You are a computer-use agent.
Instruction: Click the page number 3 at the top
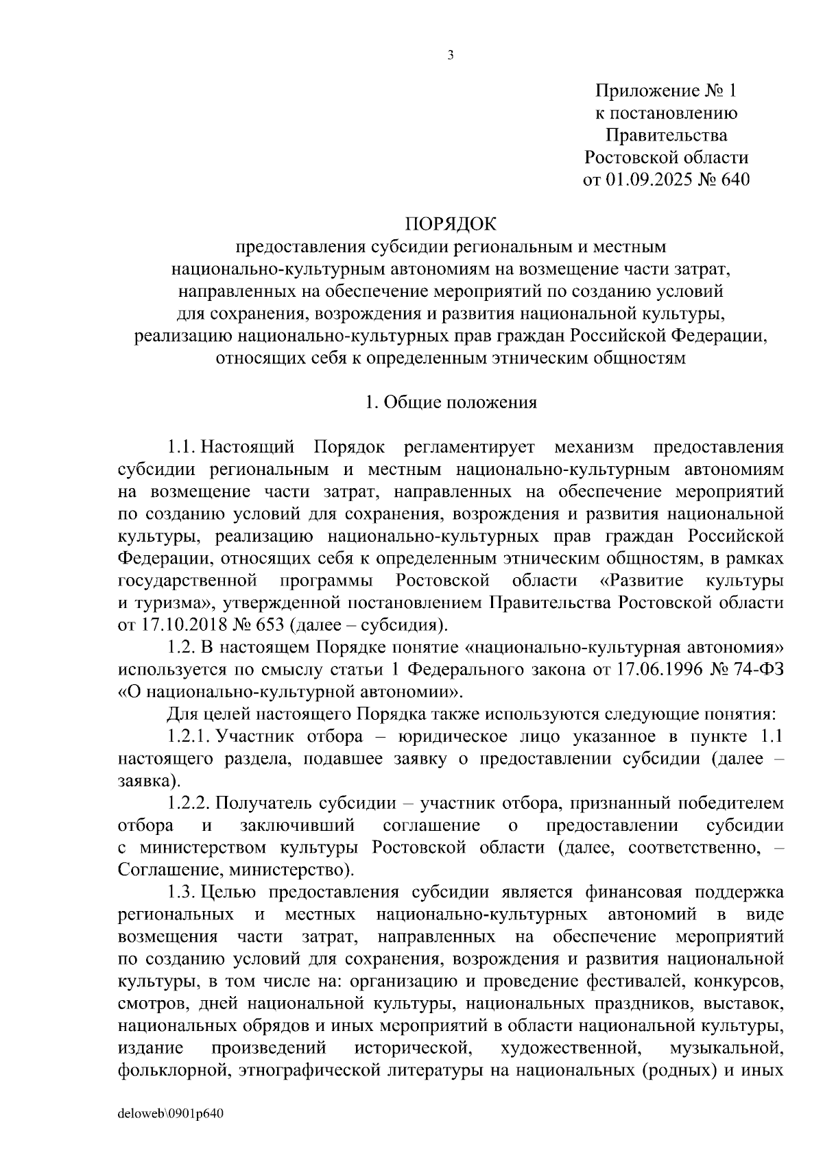[x=450, y=57]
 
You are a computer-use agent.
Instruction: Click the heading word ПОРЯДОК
[x=450, y=224]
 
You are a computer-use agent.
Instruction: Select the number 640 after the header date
[x=733, y=180]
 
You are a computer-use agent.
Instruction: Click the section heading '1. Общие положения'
[x=451, y=402]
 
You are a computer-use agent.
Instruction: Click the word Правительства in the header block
[x=666, y=135]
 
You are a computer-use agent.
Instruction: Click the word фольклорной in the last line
[x=172, y=1070]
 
